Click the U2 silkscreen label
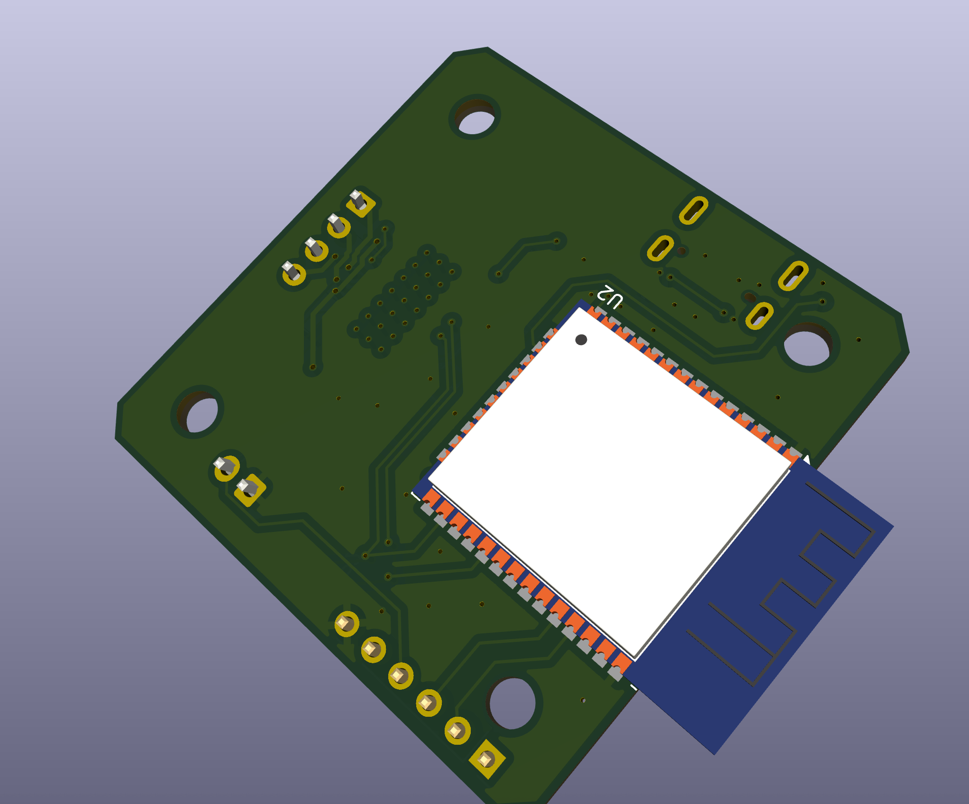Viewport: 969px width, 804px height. (x=610, y=297)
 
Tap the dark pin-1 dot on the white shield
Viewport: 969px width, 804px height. (x=581, y=339)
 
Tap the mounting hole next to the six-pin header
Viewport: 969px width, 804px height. (x=512, y=703)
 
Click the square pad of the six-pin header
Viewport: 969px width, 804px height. (x=486, y=759)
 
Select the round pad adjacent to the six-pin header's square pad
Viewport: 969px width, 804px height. (x=457, y=731)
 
